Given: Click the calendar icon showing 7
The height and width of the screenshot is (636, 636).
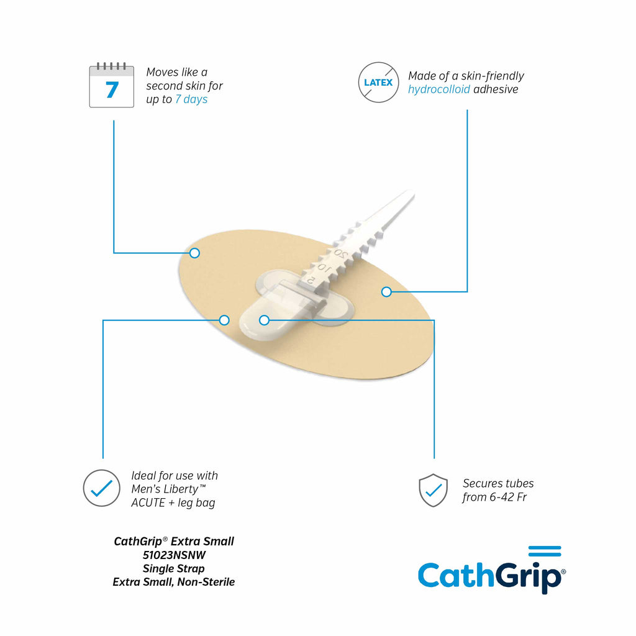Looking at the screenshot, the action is [x=112, y=85].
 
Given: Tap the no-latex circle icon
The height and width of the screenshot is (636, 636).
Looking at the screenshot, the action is [x=378, y=82].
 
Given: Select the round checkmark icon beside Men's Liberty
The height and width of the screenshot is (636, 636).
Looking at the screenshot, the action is [x=101, y=488].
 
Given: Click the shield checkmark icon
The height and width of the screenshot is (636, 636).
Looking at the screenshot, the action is [x=433, y=491].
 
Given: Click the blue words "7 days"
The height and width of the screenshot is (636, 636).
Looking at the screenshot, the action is [x=191, y=99].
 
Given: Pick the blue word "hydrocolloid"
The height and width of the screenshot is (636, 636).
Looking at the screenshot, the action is [x=439, y=89].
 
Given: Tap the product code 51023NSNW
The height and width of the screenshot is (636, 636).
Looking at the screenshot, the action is [x=174, y=555].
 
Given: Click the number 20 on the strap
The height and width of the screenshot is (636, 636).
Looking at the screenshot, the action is [x=341, y=254].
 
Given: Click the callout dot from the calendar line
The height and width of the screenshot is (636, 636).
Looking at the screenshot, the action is [x=194, y=253].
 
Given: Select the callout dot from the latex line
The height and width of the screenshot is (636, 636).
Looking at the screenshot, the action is [x=386, y=292].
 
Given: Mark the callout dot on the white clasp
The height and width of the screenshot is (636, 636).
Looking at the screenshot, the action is [x=264, y=320].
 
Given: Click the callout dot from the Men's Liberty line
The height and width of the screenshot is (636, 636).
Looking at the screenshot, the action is [x=224, y=320].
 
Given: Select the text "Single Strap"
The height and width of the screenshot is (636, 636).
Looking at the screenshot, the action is [x=174, y=569].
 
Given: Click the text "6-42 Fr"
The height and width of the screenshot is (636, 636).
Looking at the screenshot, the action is [x=508, y=497].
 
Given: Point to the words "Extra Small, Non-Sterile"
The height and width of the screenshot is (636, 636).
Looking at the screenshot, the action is [x=174, y=582].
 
